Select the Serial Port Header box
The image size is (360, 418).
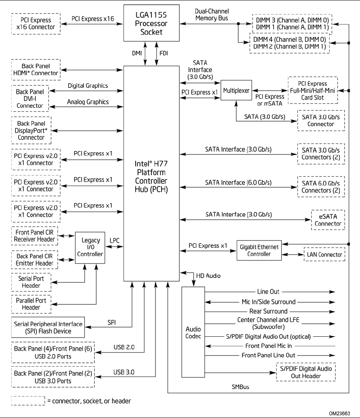point(30,282)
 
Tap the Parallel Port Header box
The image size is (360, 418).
point(30,304)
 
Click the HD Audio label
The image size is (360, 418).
point(208,276)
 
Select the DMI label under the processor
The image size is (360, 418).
point(136,53)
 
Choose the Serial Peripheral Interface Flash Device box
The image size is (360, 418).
point(48,327)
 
